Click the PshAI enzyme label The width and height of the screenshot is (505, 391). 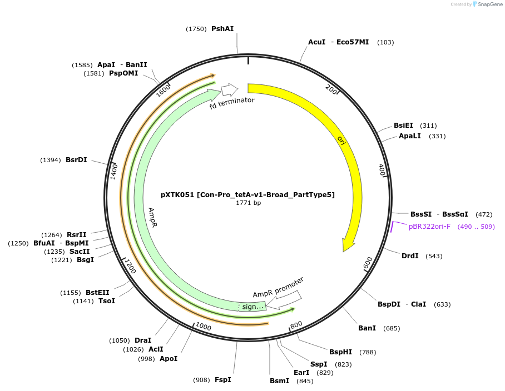click(x=222, y=29)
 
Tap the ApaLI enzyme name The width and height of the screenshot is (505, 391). click(x=410, y=136)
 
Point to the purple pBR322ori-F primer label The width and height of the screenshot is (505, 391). click(x=429, y=227)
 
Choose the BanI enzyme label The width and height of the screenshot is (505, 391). click(x=367, y=328)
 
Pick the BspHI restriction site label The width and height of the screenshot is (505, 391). click(x=340, y=352)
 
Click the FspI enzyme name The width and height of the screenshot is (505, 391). click(x=222, y=380)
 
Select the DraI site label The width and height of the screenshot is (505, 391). click(x=143, y=340)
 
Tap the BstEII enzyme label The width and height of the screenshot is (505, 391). click(x=97, y=293)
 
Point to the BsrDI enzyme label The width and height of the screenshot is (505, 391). click(x=76, y=160)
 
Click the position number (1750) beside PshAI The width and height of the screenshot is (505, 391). click(x=196, y=29)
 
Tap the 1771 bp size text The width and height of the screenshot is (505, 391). click(x=248, y=203)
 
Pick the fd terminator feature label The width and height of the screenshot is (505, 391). click(x=232, y=103)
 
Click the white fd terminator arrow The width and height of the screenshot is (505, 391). click(x=229, y=89)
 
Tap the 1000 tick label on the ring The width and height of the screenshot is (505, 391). click(x=203, y=328)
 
